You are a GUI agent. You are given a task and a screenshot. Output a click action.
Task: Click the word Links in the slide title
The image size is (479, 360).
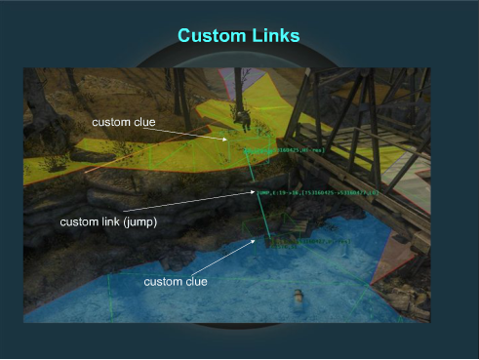click(x=273, y=36)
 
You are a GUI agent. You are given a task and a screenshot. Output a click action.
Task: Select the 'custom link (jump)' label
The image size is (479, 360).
click(x=109, y=221)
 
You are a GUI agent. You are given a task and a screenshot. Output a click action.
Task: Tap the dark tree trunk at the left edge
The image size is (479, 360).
click(x=40, y=107)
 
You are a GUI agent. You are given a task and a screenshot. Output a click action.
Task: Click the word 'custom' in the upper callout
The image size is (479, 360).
click(x=110, y=122)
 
